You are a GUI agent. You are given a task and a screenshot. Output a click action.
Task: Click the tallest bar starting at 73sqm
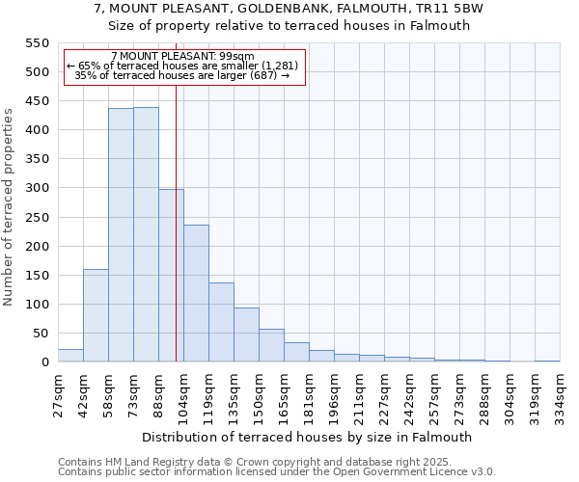[146, 234]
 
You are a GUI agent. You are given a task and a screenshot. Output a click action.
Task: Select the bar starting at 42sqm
[96, 315]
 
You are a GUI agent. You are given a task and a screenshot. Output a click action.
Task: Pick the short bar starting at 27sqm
[70, 356]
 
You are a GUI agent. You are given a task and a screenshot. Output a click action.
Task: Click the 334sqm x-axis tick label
[561, 395]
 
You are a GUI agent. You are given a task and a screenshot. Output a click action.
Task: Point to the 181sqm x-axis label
[310, 395]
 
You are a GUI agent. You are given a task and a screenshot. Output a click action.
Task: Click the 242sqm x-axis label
[410, 395]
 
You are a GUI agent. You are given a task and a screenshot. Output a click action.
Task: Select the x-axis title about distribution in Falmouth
[306, 437]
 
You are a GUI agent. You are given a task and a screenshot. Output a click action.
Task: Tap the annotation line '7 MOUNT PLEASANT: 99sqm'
[182, 57]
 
